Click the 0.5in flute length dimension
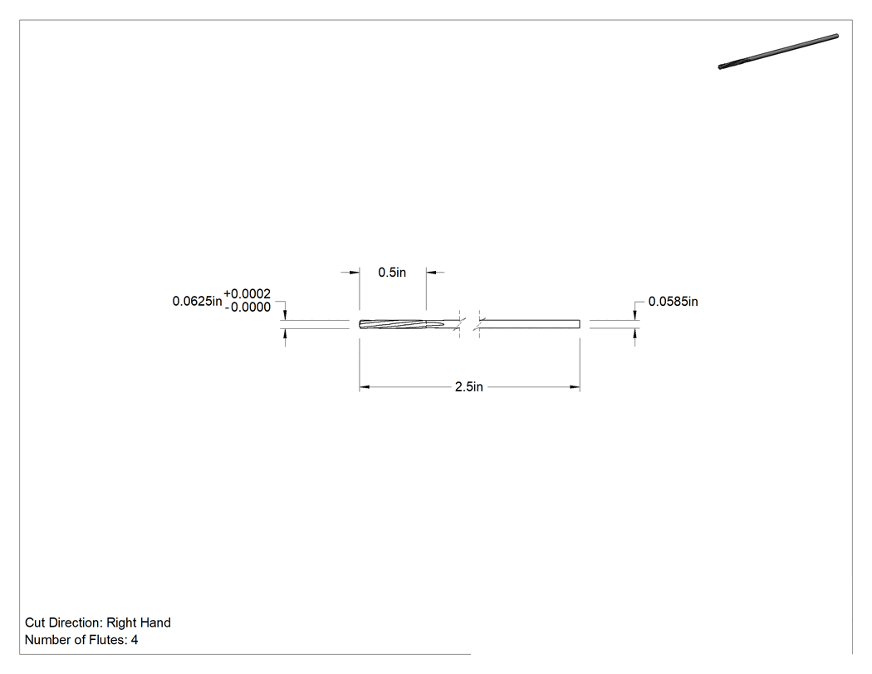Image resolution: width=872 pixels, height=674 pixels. click(392, 272)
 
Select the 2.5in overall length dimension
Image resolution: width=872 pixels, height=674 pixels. click(469, 386)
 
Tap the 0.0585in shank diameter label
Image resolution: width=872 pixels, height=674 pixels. click(673, 302)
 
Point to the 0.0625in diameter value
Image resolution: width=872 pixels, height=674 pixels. click(197, 301)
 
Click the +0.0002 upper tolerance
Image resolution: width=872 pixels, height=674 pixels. click(247, 294)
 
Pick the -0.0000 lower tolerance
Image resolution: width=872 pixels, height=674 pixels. click(247, 307)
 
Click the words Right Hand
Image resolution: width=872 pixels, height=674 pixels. click(139, 622)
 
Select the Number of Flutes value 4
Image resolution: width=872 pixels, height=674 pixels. click(135, 640)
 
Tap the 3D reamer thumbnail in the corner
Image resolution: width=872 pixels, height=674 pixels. click(779, 52)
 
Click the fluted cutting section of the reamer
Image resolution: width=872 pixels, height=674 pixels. click(401, 324)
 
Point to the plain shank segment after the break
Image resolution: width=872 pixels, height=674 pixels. click(530, 324)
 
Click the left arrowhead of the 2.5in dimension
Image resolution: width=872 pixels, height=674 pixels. click(365, 386)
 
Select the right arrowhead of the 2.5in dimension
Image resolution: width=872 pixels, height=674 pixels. click(575, 386)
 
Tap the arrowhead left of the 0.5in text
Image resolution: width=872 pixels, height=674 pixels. click(355, 272)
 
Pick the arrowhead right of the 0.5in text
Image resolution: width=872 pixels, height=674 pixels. click(432, 272)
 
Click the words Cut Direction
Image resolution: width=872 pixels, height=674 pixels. click(64, 622)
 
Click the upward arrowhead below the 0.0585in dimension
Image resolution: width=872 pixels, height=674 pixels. click(635, 333)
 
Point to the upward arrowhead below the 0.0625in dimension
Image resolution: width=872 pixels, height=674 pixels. click(286, 333)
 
